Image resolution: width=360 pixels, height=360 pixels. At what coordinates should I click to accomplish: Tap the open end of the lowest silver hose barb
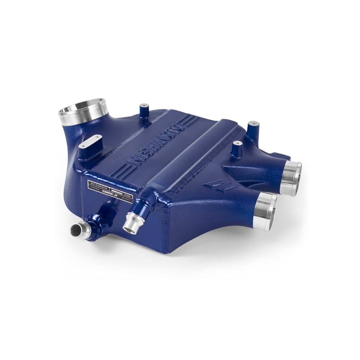pyautogui.click(x=76, y=231)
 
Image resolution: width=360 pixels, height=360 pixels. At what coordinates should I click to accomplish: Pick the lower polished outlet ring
pyautogui.click(x=265, y=210)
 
